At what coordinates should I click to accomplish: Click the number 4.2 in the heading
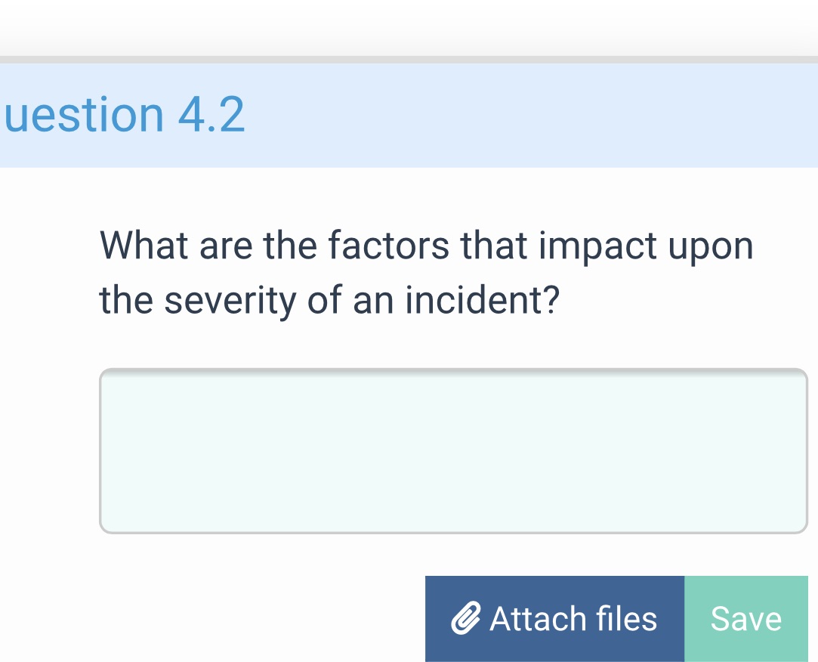tap(211, 115)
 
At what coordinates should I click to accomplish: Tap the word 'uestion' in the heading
tap(84, 115)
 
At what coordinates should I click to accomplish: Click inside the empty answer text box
tap(453, 451)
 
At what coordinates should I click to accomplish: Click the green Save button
tap(745, 619)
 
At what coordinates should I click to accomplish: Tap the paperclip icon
tap(466, 620)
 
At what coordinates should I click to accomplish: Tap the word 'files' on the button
tap(627, 619)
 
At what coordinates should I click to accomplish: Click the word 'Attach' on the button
tap(538, 619)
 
